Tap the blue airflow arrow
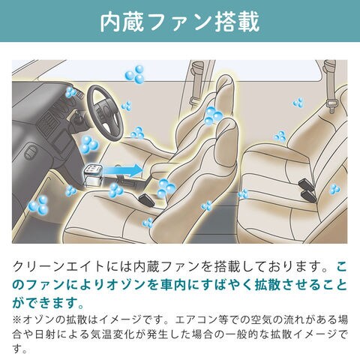pos(122,170)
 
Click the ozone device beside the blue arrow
pos(93,175)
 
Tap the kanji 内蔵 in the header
pos(122,22)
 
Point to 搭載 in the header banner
pos(237,22)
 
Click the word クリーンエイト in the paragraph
pos(58,267)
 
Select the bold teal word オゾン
pos(125,285)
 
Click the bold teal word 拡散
pos(267,285)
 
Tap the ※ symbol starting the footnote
pos(17,319)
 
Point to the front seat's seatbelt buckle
pos(147,199)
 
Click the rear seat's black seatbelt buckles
pos(307,189)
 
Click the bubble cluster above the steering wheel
pos(135,74)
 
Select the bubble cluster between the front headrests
pos(213,115)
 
